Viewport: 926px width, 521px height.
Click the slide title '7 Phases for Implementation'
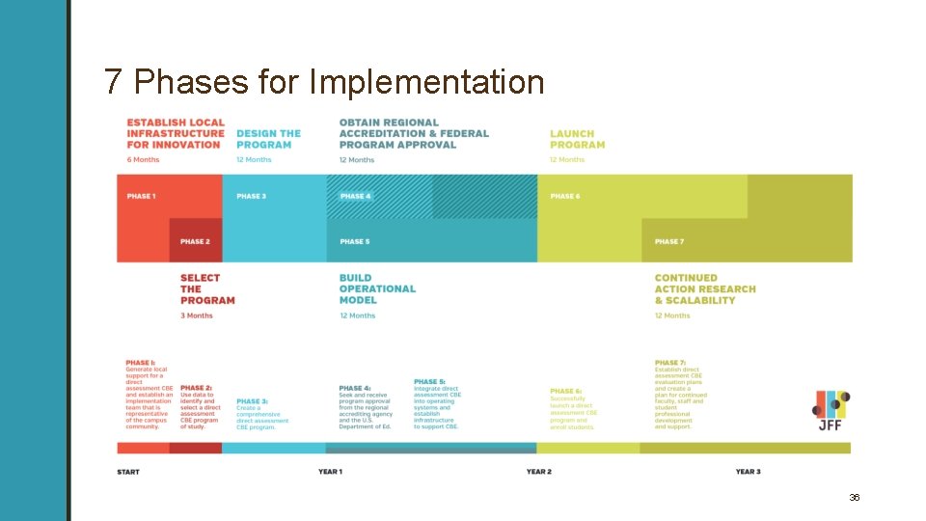pyautogui.click(x=324, y=82)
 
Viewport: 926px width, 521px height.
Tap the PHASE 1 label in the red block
pyautogui.click(x=141, y=197)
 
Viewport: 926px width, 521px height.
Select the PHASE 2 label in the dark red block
pyautogui.click(x=194, y=241)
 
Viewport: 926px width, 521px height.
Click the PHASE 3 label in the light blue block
pyautogui.click(x=251, y=197)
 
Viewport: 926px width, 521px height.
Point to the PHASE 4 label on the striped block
pyautogui.click(x=355, y=197)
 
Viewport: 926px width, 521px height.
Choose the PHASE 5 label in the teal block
pyautogui.click(x=355, y=241)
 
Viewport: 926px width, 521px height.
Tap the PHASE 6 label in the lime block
pyautogui.click(x=565, y=197)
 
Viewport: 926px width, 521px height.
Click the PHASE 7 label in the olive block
pyautogui.click(x=669, y=241)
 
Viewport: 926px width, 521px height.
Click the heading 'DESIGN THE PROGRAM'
pyautogui.click(x=268, y=139)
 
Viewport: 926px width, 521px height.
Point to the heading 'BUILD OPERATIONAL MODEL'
pyautogui.click(x=377, y=288)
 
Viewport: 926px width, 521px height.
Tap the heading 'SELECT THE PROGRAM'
pyautogui.click(x=206, y=288)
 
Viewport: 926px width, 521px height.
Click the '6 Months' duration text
pyautogui.click(x=143, y=160)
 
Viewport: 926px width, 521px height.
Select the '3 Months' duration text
pyautogui.click(x=197, y=315)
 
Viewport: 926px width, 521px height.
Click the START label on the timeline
pyautogui.click(x=128, y=472)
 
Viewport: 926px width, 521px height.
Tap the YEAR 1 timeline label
pyautogui.click(x=330, y=472)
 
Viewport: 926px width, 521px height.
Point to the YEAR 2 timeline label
pyautogui.click(x=539, y=472)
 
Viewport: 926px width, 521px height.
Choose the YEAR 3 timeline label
pyautogui.click(x=748, y=472)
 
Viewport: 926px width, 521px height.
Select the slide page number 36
pyautogui.click(x=855, y=497)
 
